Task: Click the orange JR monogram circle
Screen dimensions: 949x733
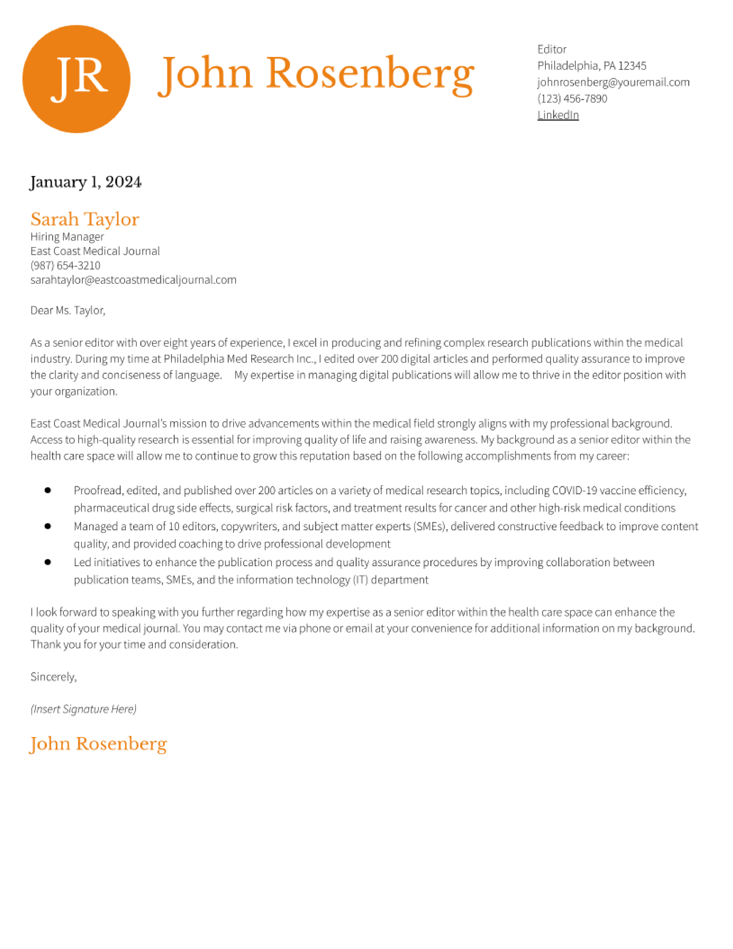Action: (76, 79)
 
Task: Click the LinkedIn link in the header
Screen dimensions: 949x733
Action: (558, 115)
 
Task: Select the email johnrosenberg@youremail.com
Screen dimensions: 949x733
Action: (613, 82)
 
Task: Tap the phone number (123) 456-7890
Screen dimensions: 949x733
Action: (572, 99)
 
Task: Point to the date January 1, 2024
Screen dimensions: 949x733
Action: (86, 182)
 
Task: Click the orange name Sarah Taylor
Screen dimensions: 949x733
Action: (85, 219)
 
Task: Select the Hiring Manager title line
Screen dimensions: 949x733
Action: (67, 237)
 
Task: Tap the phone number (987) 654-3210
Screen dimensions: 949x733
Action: (65, 265)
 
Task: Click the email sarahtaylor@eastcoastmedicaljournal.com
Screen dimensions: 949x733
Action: (133, 280)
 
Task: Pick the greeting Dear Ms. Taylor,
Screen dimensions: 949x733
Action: (68, 310)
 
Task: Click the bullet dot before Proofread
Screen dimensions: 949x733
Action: (48, 490)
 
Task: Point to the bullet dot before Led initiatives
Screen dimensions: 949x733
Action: (48, 562)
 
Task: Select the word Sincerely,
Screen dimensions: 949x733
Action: (53, 677)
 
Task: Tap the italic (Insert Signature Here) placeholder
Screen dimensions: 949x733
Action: (83, 709)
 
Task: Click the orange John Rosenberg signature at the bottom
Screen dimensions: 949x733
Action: (98, 744)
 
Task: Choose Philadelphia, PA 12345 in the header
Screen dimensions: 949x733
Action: (592, 66)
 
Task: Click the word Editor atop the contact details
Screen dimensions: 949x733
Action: (552, 49)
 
